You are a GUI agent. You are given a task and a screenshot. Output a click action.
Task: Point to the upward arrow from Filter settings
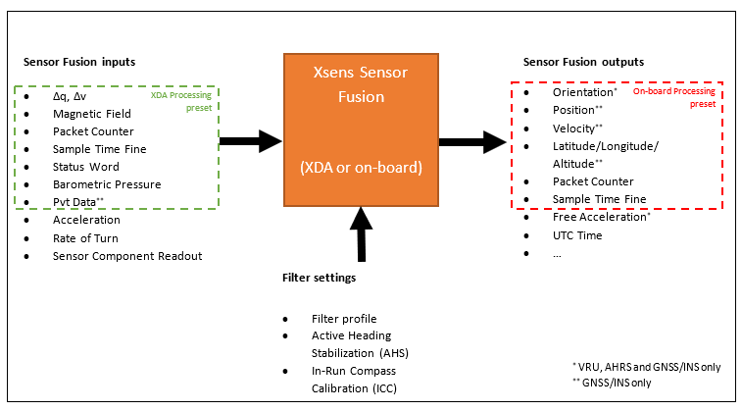tap(363, 235)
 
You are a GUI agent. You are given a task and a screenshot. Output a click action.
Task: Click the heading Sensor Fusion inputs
tap(79, 62)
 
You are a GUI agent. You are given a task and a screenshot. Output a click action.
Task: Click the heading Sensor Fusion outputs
tap(583, 62)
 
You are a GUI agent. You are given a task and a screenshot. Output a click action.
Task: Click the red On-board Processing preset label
tap(674, 96)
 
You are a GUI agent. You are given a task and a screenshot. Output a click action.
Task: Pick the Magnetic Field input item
tap(92, 114)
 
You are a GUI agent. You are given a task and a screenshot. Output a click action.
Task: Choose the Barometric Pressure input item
tap(107, 184)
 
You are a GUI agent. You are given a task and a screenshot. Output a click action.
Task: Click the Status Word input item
tap(87, 167)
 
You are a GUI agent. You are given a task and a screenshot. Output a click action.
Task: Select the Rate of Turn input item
tap(87, 237)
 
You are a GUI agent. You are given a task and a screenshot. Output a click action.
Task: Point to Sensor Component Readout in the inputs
tap(127, 255)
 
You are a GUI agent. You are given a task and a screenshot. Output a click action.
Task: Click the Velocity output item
tap(576, 128)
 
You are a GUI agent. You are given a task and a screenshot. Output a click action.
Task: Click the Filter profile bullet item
tap(343, 319)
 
